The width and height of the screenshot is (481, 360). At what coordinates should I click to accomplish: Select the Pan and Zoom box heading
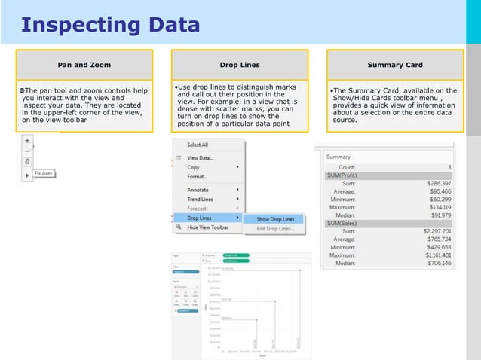pyautogui.click(x=84, y=65)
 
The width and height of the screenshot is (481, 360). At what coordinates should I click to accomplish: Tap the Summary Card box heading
pyautogui.click(x=395, y=65)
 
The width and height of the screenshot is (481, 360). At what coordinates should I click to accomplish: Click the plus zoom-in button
pyautogui.click(x=27, y=140)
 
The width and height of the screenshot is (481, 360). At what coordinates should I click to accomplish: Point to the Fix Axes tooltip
pyautogui.click(x=44, y=174)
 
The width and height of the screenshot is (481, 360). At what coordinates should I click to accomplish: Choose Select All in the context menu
pyautogui.click(x=198, y=145)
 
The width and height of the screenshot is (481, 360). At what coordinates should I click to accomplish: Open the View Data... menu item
pyautogui.click(x=200, y=158)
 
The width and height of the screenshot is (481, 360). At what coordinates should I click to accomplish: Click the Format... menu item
pyautogui.click(x=198, y=176)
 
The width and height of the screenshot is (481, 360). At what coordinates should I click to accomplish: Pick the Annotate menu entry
pyautogui.click(x=199, y=190)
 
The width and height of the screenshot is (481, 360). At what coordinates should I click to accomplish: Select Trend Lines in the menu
pyautogui.click(x=201, y=199)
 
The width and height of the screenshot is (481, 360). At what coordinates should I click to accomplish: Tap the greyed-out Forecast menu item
pyautogui.click(x=197, y=209)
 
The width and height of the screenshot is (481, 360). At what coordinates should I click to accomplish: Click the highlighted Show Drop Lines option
pyautogui.click(x=275, y=219)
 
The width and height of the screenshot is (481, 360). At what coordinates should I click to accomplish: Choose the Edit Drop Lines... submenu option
pyautogui.click(x=276, y=228)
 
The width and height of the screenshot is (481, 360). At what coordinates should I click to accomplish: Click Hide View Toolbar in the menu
pyautogui.click(x=207, y=227)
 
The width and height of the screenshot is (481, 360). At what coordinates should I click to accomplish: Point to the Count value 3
pyautogui.click(x=449, y=167)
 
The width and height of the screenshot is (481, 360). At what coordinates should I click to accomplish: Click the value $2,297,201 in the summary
pyautogui.click(x=436, y=231)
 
